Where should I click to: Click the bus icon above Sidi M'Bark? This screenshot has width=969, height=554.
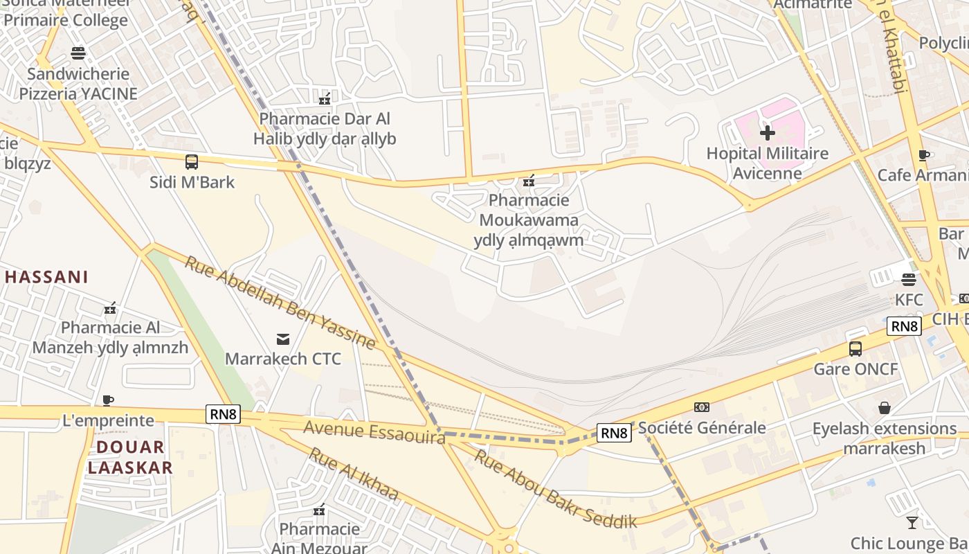tap(192, 162)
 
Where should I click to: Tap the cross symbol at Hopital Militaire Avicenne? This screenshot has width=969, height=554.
tap(767, 132)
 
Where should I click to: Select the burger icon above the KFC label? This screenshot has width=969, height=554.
tap(909, 280)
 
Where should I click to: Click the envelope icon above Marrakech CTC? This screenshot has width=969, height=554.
tap(283, 339)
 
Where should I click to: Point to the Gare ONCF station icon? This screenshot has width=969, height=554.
tap(855, 348)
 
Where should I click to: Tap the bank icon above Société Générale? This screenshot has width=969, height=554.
tap(701, 407)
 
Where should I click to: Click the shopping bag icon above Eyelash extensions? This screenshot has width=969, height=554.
tap(884, 408)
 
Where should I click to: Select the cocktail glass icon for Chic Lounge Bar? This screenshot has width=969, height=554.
tap(912, 523)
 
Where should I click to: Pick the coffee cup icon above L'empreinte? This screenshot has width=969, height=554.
tap(107, 400)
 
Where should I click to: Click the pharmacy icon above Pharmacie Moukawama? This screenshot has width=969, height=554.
tap(529, 181)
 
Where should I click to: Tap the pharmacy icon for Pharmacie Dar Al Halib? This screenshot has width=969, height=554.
tap(324, 99)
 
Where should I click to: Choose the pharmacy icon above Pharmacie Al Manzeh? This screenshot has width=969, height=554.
tap(109, 307)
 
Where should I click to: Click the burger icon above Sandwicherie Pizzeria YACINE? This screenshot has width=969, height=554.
tap(78, 53)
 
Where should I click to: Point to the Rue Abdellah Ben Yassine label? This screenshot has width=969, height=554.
tap(280, 303)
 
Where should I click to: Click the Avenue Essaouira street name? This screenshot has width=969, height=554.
tap(374, 432)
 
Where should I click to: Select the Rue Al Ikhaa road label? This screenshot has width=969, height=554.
tap(353, 474)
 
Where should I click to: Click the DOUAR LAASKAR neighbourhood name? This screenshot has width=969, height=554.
tap(130, 457)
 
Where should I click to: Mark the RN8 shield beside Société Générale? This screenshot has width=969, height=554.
tap(614, 434)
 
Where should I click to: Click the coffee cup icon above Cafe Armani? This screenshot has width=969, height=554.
tap(923, 155)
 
